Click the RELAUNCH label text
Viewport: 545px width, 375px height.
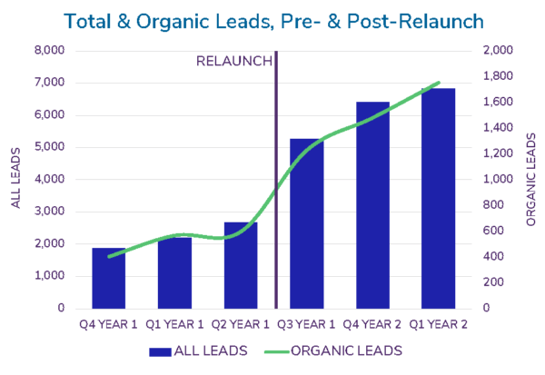[233, 61]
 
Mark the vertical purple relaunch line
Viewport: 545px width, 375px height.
[275, 182]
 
